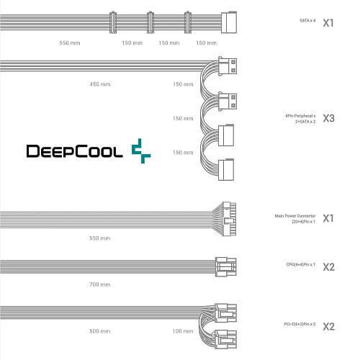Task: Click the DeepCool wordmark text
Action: point(74,151)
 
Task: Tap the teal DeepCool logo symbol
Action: point(141,151)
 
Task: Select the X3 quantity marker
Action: point(328,118)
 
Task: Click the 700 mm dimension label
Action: point(100,284)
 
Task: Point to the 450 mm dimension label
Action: point(100,84)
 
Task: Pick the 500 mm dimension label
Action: point(100,331)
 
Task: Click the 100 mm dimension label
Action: point(183,331)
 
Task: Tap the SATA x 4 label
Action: point(307,21)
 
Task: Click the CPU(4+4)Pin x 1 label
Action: point(300,264)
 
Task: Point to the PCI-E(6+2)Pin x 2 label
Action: point(300,324)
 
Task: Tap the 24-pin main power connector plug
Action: point(229,219)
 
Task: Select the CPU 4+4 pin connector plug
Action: point(226,266)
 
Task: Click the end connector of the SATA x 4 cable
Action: point(229,22)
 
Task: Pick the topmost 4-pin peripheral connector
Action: point(228,66)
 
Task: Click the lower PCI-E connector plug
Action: point(225,339)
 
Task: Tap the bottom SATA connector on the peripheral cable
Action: point(226,169)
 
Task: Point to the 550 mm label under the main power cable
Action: point(100,238)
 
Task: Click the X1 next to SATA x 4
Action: point(328,23)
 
